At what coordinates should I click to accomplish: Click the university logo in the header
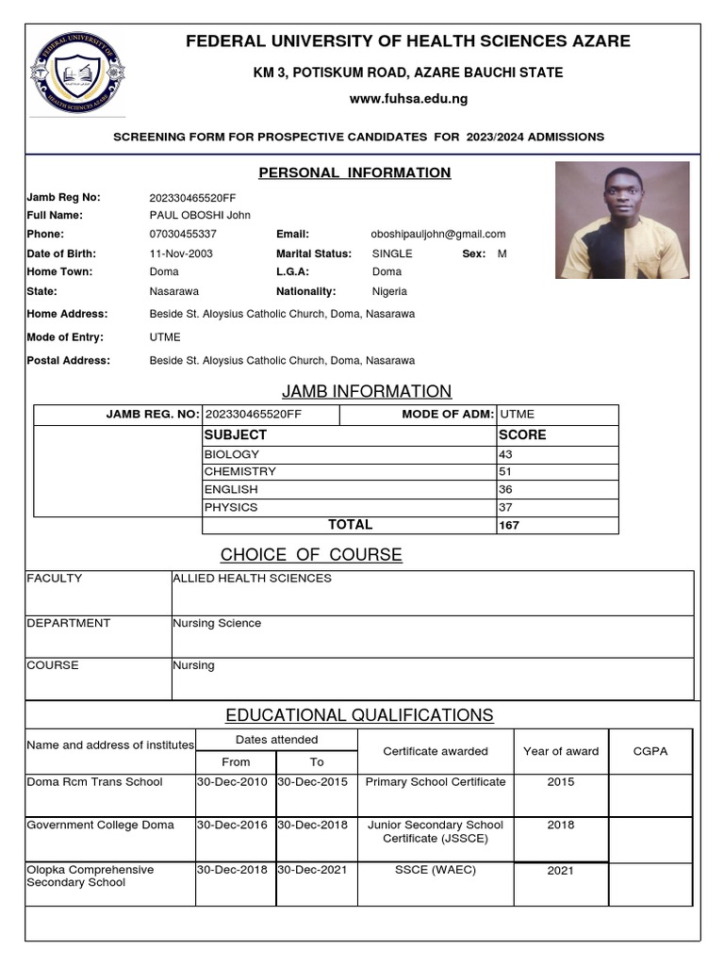click(x=77, y=75)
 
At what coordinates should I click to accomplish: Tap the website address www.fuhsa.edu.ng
click(x=408, y=99)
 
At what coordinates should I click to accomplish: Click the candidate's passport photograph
click(x=622, y=220)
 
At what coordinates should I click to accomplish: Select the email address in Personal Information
click(x=438, y=234)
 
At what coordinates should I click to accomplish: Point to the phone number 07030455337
click(x=183, y=234)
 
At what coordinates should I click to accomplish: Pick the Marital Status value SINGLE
click(x=392, y=254)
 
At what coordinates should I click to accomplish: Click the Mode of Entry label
click(x=65, y=337)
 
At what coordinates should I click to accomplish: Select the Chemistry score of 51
click(x=505, y=471)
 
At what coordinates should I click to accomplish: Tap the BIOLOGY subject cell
click(x=232, y=454)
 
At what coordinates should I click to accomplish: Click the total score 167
click(x=509, y=526)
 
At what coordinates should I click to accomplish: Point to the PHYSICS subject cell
click(x=231, y=507)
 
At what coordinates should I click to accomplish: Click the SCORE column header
click(x=521, y=435)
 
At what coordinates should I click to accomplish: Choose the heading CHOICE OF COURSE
click(x=311, y=554)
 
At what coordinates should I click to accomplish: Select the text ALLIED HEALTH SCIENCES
click(x=252, y=578)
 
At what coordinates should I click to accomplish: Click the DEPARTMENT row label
click(x=69, y=623)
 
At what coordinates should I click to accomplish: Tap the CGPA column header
click(x=650, y=751)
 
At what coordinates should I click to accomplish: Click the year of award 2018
click(x=560, y=825)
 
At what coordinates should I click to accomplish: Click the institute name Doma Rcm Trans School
click(x=94, y=782)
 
